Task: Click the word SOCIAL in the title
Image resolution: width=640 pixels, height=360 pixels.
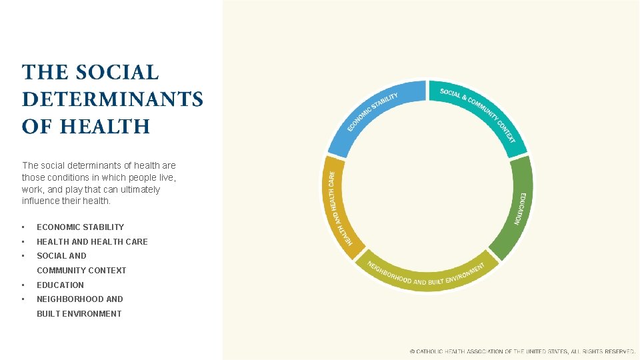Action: coord(117,72)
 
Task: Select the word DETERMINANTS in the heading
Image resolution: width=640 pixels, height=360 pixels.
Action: coord(112,99)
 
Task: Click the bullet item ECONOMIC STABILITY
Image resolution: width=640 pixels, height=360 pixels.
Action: coord(80,227)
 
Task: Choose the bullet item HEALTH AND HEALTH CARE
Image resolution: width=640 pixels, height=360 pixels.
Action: coord(92,242)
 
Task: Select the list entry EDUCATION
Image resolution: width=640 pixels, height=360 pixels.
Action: coord(60,285)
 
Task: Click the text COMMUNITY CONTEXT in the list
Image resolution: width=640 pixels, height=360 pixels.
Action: coord(81,271)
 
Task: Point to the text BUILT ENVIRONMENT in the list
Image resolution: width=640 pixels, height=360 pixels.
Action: coord(79,314)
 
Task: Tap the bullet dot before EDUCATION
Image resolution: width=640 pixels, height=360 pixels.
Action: coord(23,285)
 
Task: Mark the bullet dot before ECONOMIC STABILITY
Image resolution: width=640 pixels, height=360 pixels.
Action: coord(23,227)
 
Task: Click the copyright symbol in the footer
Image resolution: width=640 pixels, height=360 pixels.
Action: coord(412,351)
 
